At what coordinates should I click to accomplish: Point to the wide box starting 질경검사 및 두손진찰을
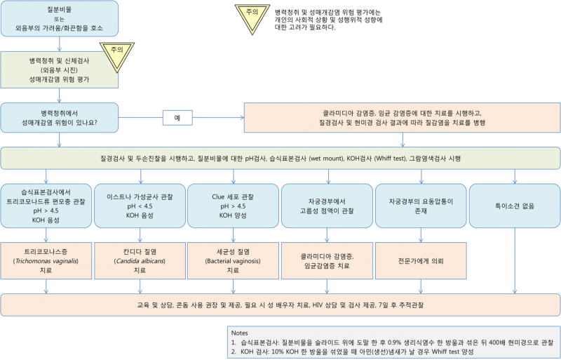[x=280, y=159]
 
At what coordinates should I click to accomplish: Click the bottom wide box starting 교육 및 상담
[x=280, y=305]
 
